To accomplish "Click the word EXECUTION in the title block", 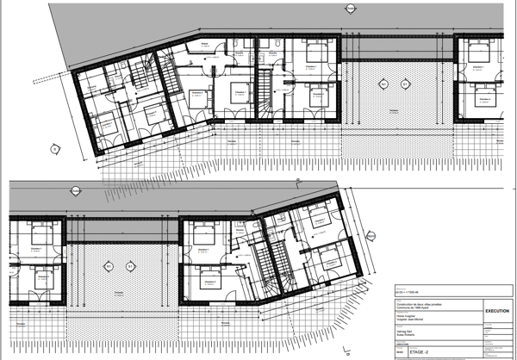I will pyautogui.click(x=497, y=311).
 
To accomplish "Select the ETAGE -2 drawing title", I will pyautogui.click(x=421, y=351).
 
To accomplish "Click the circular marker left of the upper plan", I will pyautogui.click(x=54, y=148).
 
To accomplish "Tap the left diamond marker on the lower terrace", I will pyautogui.click(x=108, y=264).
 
